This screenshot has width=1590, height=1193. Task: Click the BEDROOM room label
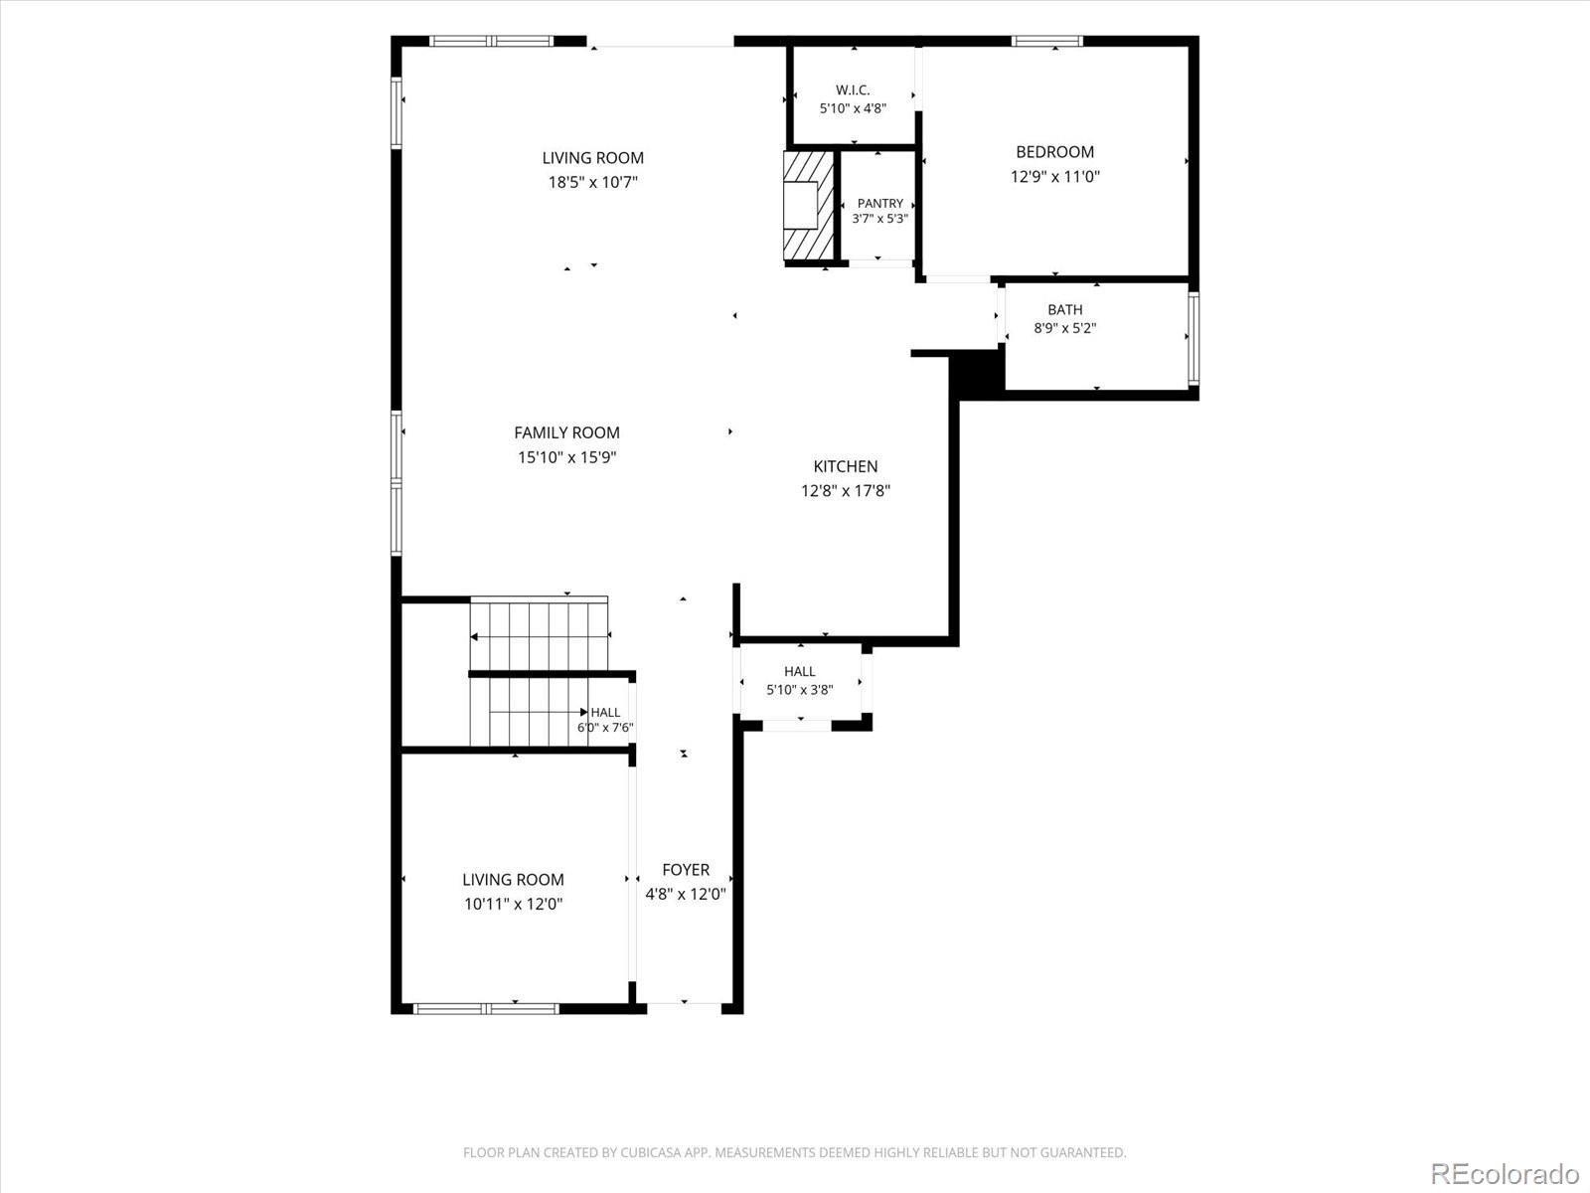[1054, 152]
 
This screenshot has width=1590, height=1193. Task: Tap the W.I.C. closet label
[853, 90]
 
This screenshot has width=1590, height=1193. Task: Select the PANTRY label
[880, 204]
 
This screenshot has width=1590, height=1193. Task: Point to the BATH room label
[1065, 310]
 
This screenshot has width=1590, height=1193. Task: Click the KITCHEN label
[846, 466]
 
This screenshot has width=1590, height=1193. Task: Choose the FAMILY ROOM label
[566, 432]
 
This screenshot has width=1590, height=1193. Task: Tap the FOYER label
[686, 869]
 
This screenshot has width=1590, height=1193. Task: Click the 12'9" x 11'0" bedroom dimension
[1054, 176]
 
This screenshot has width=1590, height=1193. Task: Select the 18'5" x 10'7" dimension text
[592, 182]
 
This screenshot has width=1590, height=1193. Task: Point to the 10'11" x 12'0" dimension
[513, 904]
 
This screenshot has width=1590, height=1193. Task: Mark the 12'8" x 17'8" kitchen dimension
[846, 491]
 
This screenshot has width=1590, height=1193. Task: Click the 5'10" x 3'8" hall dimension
[800, 690]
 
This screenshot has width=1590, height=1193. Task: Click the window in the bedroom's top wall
[1047, 41]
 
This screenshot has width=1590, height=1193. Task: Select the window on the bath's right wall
[1193, 338]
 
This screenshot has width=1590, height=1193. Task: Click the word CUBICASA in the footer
[648, 1152]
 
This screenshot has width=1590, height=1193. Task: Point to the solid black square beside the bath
[977, 373]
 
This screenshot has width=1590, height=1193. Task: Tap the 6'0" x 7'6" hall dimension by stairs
[605, 728]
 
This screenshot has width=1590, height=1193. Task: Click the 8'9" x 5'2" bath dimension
[1065, 328]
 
